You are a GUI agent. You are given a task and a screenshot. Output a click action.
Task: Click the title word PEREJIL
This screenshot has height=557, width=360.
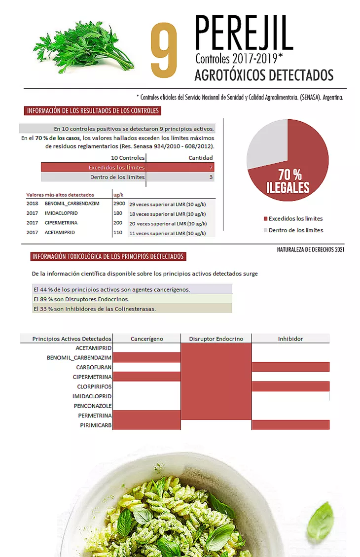244,33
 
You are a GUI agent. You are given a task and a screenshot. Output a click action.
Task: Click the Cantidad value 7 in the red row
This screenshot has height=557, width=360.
211,168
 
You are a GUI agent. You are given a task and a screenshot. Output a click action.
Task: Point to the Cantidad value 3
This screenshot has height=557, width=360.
211,177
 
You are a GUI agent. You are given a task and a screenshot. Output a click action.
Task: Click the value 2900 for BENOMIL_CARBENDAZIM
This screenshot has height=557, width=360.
119,203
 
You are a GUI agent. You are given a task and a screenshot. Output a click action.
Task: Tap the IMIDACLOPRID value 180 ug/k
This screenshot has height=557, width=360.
118,213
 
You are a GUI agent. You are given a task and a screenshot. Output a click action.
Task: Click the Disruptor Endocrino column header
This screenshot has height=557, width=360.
216,339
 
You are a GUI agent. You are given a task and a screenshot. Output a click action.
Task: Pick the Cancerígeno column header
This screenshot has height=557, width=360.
147,339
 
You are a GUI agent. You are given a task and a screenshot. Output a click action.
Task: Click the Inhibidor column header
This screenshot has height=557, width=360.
290,339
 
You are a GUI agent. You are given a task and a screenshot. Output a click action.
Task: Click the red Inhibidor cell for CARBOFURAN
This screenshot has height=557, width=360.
290,367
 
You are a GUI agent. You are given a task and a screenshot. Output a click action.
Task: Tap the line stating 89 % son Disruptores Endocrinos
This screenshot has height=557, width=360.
81,299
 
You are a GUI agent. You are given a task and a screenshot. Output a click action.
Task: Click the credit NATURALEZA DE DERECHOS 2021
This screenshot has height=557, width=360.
311,250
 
